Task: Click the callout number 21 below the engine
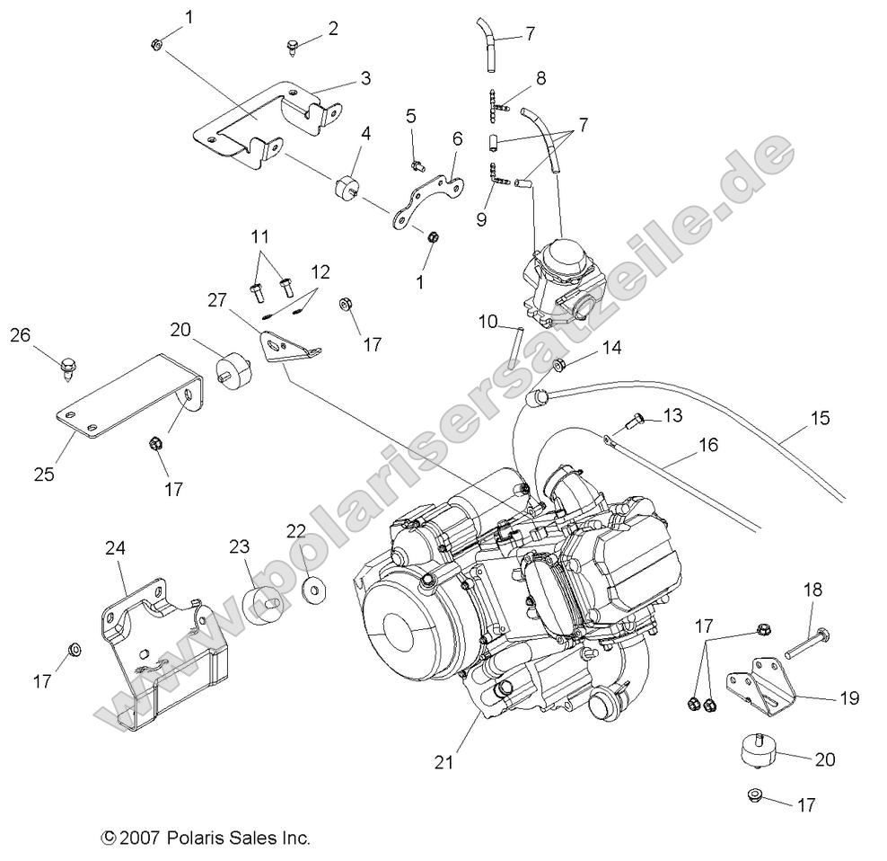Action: [444, 763]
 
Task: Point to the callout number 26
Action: [21, 335]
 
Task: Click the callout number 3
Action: [364, 78]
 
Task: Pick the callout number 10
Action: [487, 321]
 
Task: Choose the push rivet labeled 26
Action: [66, 366]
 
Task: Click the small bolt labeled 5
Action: [416, 164]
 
